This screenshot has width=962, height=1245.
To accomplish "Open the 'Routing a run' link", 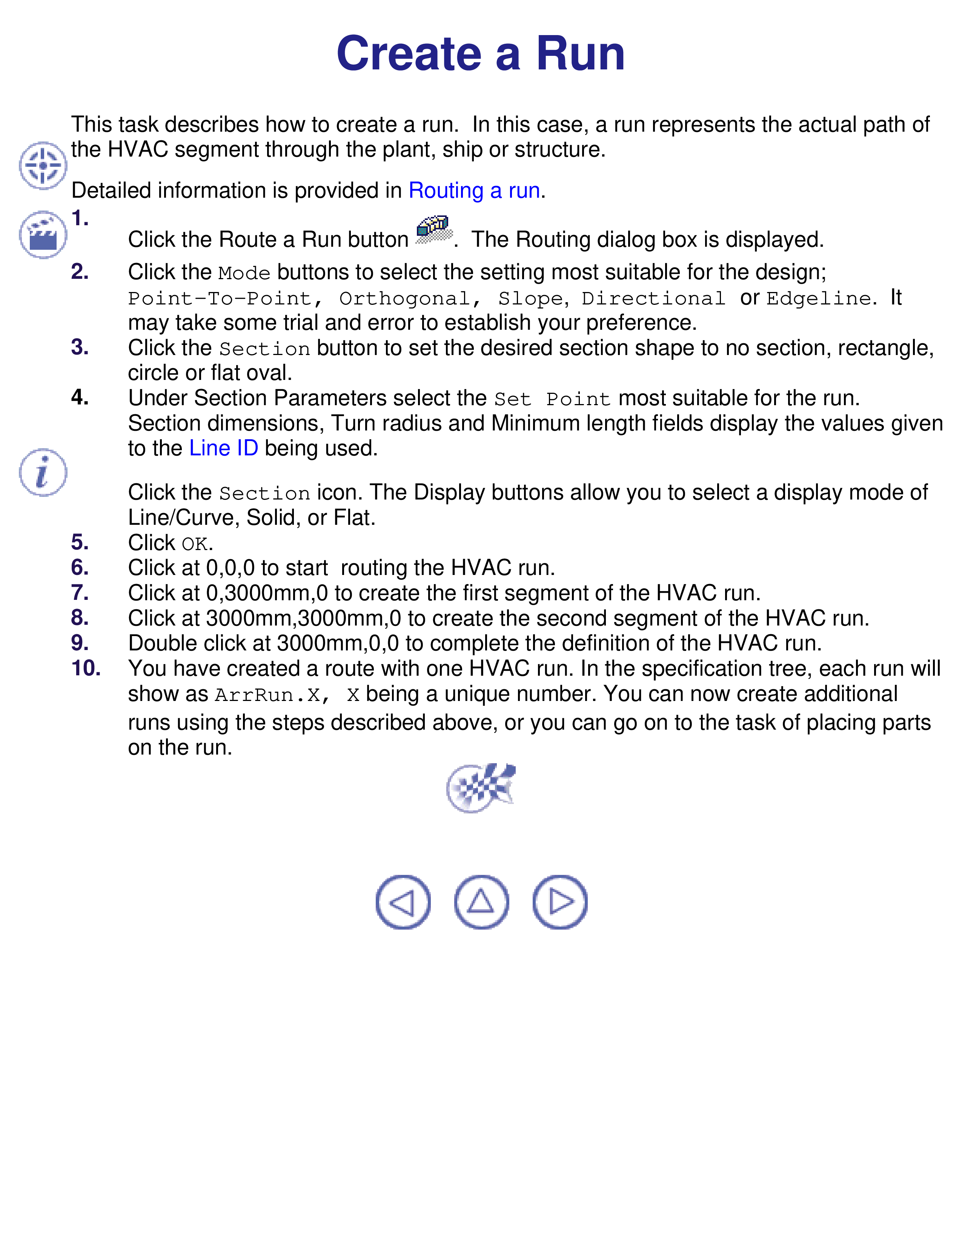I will [x=474, y=191].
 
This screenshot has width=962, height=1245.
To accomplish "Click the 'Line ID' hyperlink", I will [x=223, y=448].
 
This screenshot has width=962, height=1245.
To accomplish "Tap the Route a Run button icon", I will [x=434, y=230].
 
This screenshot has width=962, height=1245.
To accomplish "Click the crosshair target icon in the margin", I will [x=43, y=165].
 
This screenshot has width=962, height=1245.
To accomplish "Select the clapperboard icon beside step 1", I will [x=43, y=234].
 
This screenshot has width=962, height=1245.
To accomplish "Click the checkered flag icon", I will [x=480, y=788].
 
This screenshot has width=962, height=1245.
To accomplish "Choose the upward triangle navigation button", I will [x=481, y=902].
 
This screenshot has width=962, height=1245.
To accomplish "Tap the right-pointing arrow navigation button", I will [x=559, y=902].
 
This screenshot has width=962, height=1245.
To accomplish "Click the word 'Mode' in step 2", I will [x=244, y=273].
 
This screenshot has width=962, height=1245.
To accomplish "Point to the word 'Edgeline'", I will [x=818, y=298].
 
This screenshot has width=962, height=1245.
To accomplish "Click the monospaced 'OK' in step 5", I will [x=194, y=544].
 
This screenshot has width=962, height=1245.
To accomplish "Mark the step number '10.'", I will [x=86, y=668].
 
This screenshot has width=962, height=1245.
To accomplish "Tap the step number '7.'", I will [x=80, y=593].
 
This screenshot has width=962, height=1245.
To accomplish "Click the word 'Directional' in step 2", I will [x=653, y=298].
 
